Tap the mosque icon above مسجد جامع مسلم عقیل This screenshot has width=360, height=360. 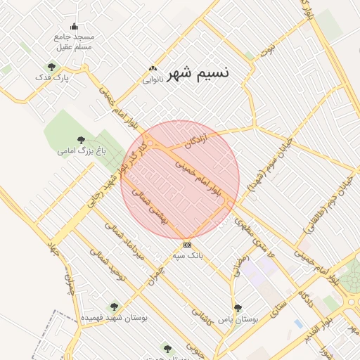point(75,26)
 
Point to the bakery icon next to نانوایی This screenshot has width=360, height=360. point(152,69)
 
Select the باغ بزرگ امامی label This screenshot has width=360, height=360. point(79,150)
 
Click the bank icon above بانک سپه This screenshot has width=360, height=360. point(187,245)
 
